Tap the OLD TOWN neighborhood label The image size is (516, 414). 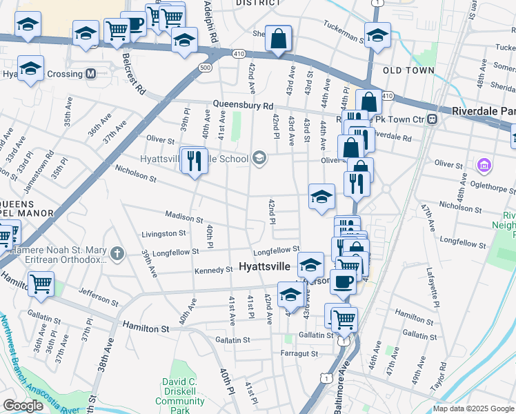pyautogui.click(x=409, y=70)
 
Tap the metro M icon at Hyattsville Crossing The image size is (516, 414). pyautogui.click(x=90, y=74)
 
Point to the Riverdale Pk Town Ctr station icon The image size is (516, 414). pyautogui.click(x=433, y=119)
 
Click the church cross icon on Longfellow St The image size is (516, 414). pyautogui.click(x=117, y=254)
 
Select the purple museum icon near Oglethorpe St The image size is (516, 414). pyautogui.click(x=484, y=166)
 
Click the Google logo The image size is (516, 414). pyautogui.click(x=23, y=406)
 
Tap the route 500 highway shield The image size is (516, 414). pyautogui.click(x=205, y=68)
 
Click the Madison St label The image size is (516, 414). pyautogui.click(x=183, y=217)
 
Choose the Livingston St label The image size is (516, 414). pyautogui.click(x=163, y=234)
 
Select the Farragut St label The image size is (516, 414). pyautogui.click(x=299, y=353)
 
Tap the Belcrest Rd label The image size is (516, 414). pyautogui.click(x=134, y=72)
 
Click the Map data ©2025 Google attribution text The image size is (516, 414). pyautogui.click(x=473, y=408)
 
